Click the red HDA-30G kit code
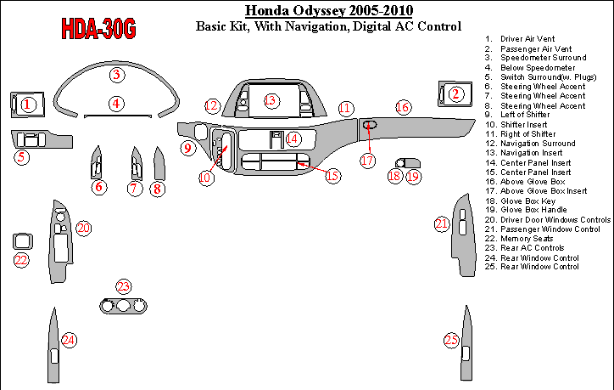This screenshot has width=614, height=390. click(98, 29)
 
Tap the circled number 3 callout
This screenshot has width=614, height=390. click(117, 75)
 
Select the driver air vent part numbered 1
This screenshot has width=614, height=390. click(27, 105)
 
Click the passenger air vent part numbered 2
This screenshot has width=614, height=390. click(455, 93)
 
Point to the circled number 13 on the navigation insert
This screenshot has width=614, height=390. click(271, 100)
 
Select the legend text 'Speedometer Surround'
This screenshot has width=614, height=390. click(543, 58)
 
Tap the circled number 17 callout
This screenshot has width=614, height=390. click(368, 161)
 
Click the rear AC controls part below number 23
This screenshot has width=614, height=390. click(123, 306)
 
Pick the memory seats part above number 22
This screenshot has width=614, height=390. click(23, 241)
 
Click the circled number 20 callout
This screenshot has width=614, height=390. click(83, 228)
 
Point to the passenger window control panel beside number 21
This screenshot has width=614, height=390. click(464, 235)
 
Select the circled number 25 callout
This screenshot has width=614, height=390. click(451, 340)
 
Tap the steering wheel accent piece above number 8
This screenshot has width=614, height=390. click(159, 165)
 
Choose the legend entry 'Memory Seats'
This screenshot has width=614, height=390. click(527, 239)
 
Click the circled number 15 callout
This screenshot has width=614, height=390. click(332, 175)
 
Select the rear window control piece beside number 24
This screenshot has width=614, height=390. click(53, 346)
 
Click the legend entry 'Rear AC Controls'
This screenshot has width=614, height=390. click(532, 248)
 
